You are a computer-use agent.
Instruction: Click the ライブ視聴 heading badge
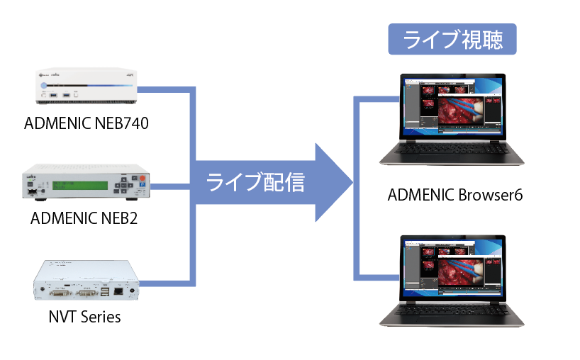452,40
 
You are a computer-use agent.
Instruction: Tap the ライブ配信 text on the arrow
255,183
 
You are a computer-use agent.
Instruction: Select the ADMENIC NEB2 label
84,218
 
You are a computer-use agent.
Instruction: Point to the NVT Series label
84,317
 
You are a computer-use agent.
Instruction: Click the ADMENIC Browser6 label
454,194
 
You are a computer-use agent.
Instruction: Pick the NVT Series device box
84,283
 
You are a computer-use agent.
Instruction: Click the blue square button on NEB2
142,189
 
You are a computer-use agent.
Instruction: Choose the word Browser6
490,194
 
